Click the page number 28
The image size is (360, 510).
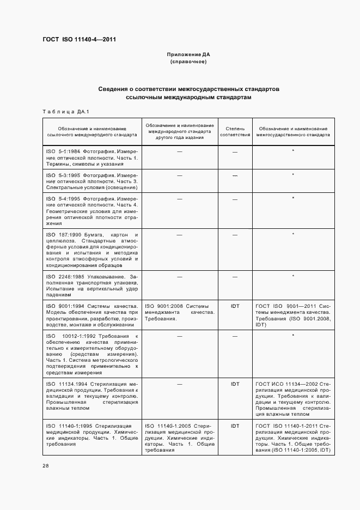point(46,465)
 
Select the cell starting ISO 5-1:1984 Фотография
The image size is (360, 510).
point(92,157)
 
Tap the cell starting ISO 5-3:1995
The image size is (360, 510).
point(92,181)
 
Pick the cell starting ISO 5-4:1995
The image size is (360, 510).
point(92,211)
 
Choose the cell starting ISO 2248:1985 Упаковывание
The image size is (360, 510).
point(92,285)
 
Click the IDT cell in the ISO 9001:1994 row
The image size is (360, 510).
point(235,306)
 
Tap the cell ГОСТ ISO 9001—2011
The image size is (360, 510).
point(293,315)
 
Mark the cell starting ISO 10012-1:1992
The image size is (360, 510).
point(92,354)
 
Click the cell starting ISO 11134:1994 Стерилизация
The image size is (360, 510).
point(92,398)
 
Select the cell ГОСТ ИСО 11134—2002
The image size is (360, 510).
point(293,398)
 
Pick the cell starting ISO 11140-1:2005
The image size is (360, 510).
point(180,438)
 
